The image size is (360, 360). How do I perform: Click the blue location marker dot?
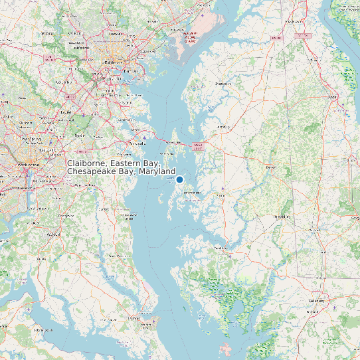click(x=179, y=179)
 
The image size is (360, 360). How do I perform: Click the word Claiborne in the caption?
click(x=86, y=163)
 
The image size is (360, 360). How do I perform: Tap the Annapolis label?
click(x=137, y=142)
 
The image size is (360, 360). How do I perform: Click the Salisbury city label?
click(x=315, y=300)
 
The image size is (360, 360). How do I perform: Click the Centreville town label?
click(x=222, y=126)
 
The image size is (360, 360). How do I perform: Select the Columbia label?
click(x=64, y=82)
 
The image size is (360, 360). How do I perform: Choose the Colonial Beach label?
click(x=41, y=330)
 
